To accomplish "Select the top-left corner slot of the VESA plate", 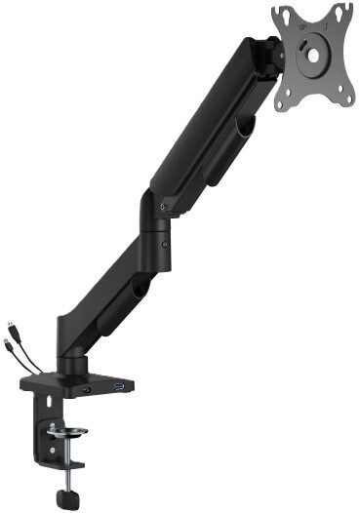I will pyautogui.click(x=283, y=15).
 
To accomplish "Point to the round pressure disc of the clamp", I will pyautogui.click(x=63, y=431).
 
